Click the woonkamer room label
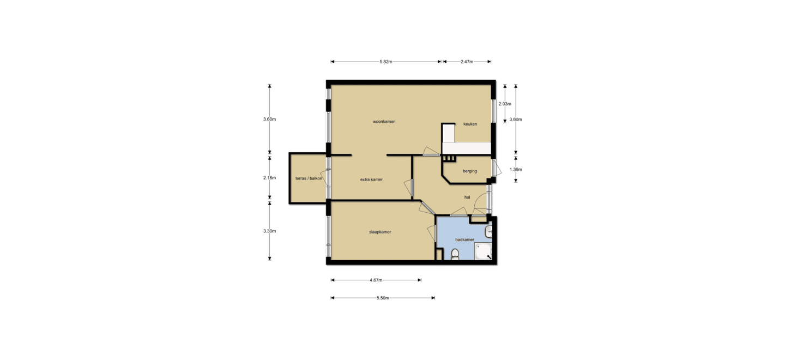tap(384, 122)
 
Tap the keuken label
tap(470, 124)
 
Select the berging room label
tap(470, 171)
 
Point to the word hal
tap(467, 197)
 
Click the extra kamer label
tap(371, 179)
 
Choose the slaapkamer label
tap(380, 232)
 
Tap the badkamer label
tap(464, 240)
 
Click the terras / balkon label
tap(309, 178)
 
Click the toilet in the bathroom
tap(455, 254)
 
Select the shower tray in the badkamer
tap(483, 251)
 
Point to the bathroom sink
tap(489, 231)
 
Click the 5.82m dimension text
tap(386, 62)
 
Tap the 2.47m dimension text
tap(467, 62)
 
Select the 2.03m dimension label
tap(505, 104)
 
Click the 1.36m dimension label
tap(516, 170)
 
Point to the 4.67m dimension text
tap(376, 280)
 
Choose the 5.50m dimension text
tap(383, 298)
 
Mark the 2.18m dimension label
tap(269, 178)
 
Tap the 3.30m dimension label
tap(269, 231)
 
